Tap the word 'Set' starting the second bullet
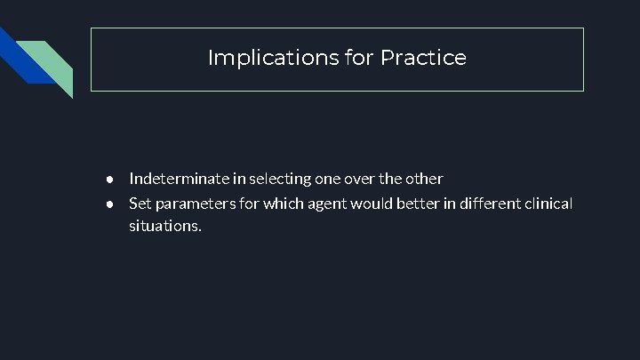(140, 204)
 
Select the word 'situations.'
(165, 227)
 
